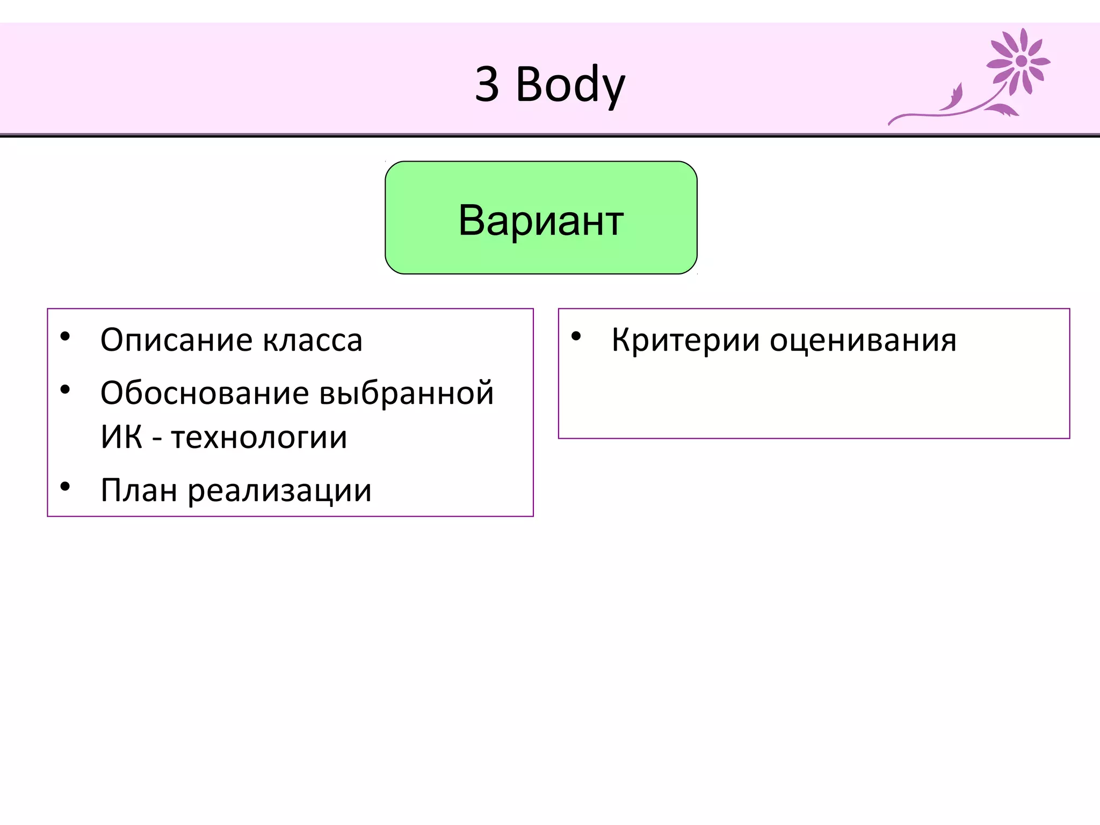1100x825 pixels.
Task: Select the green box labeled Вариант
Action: click(x=541, y=218)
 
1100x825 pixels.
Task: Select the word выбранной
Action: click(x=406, y=393)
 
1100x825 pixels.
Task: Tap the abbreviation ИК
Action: click(x=121, y=437)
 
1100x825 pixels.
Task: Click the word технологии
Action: click(x=259, y=437)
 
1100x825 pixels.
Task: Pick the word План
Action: click(x=139, y=490)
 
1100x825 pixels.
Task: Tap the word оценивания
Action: click(x=863, y=341)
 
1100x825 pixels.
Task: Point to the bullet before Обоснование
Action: click(x=66, y=390)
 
